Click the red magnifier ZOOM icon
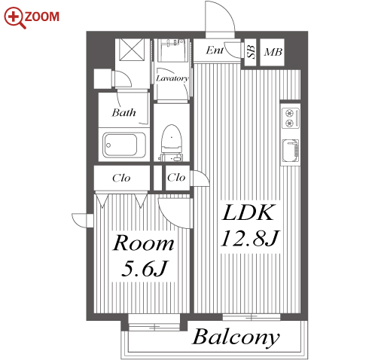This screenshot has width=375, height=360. click(15, 17)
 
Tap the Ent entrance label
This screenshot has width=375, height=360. click(215, 50)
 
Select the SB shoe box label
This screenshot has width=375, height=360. click(251, 52)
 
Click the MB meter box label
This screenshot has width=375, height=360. click(273, 52)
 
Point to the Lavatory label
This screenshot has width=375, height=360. click(172, 78)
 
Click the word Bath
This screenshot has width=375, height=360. click(123, 112)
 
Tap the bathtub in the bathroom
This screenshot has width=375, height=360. click(125, 145)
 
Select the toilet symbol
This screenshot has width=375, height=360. click(172, 142)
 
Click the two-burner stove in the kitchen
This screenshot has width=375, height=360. click(290, 117)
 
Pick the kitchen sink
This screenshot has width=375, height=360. click(291, 151)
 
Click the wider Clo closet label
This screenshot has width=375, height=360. click(121, 178)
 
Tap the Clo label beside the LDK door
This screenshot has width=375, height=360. click(176, 178)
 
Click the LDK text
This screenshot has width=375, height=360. click(248, 213)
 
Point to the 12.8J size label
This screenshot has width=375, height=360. click(250, 238)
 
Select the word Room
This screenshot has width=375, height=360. click(143, 243)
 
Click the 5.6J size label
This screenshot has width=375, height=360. click(144, 268)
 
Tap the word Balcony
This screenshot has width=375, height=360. click(236, 337)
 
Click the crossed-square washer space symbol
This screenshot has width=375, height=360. click(132, 50)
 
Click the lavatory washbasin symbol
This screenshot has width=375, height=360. click(172, 50)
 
